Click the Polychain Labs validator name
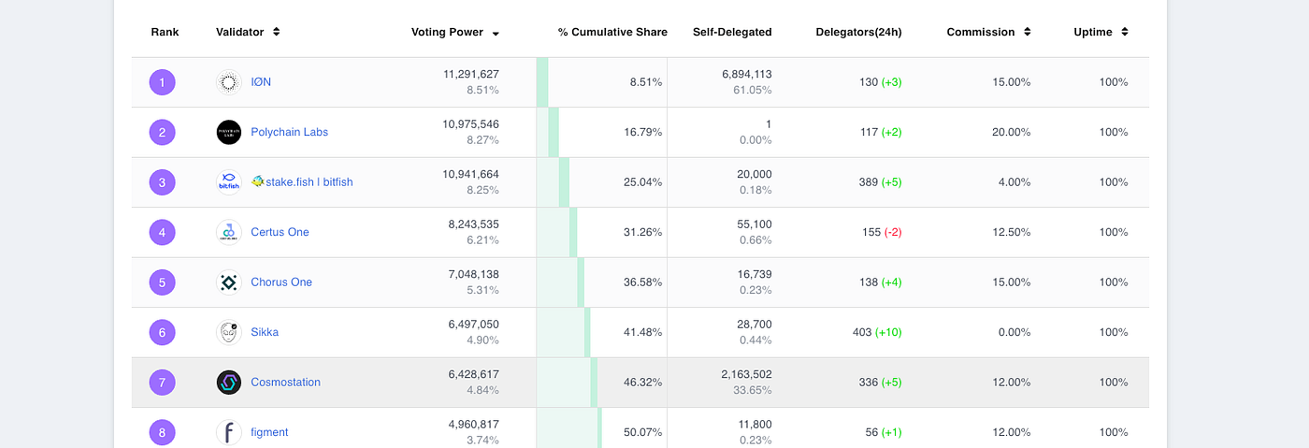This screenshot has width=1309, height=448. click(289, 132)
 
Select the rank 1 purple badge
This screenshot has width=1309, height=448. click(162, 82)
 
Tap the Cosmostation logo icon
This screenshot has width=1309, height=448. click(229, 382)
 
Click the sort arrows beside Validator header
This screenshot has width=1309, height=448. click(276, 32)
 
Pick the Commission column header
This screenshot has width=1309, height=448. click(980, 32)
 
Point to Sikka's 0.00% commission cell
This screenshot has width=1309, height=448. click(1011, 332)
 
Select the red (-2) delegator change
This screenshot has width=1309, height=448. click(893, 232)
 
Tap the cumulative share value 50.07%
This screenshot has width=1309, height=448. click(642, 432)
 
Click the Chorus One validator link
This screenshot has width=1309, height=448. click(281, 282)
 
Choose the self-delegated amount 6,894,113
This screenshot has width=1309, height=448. click(746, 75)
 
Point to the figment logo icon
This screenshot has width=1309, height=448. click(229, 432)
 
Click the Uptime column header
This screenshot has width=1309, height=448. click(1093, 32)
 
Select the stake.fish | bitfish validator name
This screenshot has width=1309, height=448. click(302, 182)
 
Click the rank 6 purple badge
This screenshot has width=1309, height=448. click(162, 332)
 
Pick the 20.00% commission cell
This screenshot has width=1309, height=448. click(1011, 132)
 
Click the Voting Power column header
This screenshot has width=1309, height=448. click(447, 32)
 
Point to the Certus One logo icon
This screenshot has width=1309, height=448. click(229, 232)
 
